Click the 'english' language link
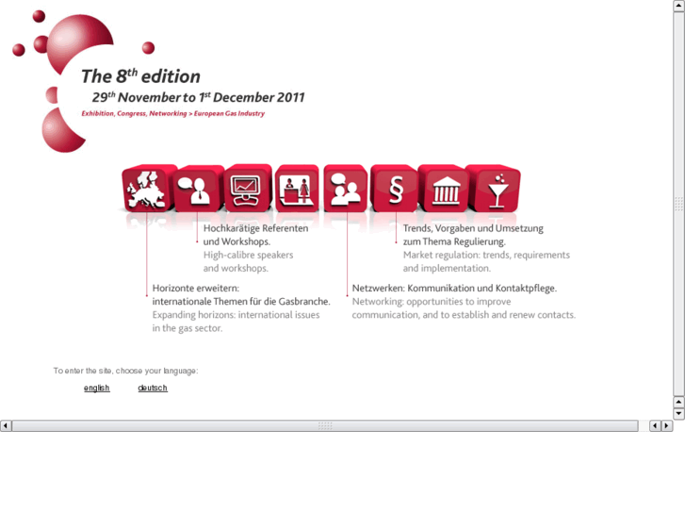pyautogui.click(x=97, y=388)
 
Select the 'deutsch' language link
pyautogui.click(x=153, y=388)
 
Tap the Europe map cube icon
pyautogui.click(x=145, y=189)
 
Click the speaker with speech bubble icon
pyautogui.click(x=198, y=189)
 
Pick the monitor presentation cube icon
pyautogui.click(x=247, y=189)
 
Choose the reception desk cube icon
pyautogui.click(x=297, y=189)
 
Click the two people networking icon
pyautogui.click(x=345, y=189)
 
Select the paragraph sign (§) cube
pyautogui.click(x=395, y=189)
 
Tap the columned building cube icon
pyautogui.click(x=444, y=189)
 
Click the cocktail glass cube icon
pyautogui.click(x=494, y=189)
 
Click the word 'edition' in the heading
pyautogui.click(x=171, y=77)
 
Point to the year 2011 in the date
pyautogui.click(x=287, y=97)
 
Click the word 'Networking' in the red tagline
pyautogui.click(x=168, y=114)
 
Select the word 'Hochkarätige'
pyautogui.click(x=232, y=228)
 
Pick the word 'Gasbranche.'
pyautogui.click(x=303, y=301)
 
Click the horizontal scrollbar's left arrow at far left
pyautogui.click(x=6, y=426)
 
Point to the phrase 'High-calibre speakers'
pyautogui.click(x=249, y=255)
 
